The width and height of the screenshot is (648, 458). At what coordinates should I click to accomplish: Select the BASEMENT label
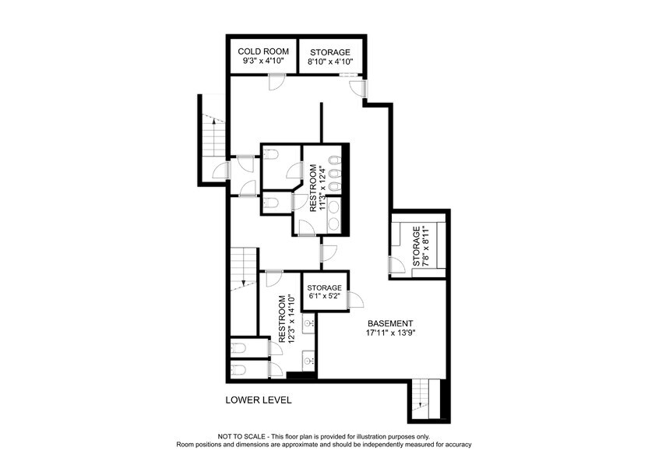pos(390,323)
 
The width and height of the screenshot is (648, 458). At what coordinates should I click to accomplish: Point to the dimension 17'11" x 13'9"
pos(391,333)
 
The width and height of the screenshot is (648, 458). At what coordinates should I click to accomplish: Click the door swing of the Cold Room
pos(276,81)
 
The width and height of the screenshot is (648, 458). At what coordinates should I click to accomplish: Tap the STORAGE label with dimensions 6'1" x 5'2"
pos(324,287)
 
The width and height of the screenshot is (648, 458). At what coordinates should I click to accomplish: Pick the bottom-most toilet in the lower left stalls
pos(241,368)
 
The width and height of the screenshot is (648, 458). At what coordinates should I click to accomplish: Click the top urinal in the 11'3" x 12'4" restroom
pos(333,161)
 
